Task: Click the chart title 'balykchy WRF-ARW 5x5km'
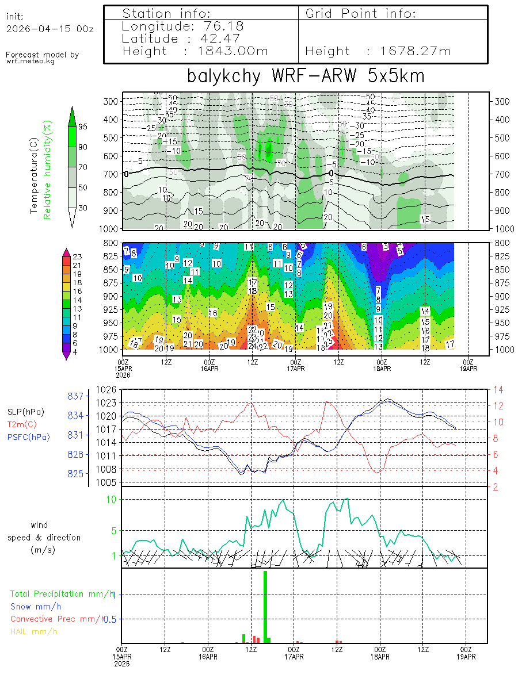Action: coord(305,76)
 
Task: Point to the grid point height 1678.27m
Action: coord(416,51)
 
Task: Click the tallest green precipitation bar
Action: coord(265,607)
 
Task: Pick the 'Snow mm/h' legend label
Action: coord(36,606)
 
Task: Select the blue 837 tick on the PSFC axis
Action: coord(77,396)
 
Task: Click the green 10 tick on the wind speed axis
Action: coord(113,499)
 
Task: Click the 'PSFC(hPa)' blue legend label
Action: coord(28,437)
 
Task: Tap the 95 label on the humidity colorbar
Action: coord(83,126)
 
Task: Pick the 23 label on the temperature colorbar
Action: coord(77,257)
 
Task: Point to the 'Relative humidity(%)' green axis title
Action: coord(48,170)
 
